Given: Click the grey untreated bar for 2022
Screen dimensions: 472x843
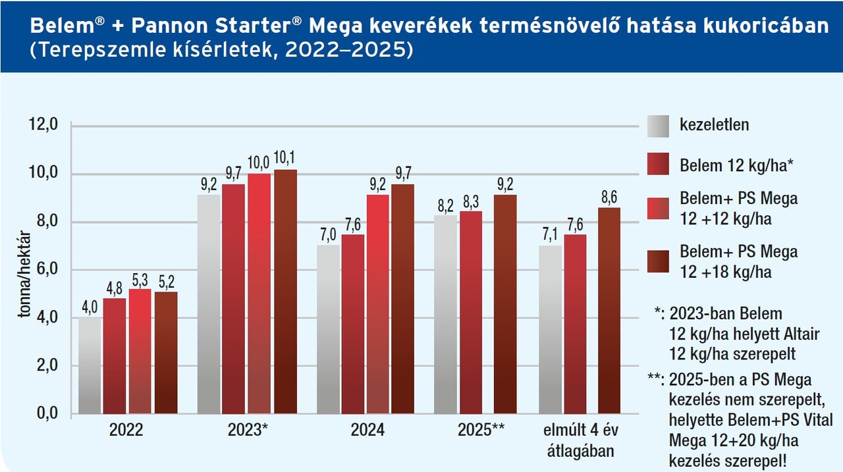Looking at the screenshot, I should [90, 365].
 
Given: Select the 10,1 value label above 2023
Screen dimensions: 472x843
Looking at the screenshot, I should [285, 158].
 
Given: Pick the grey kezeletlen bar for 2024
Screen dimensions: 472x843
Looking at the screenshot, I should [328, 329].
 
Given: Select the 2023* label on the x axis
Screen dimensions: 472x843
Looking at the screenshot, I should [248, 431].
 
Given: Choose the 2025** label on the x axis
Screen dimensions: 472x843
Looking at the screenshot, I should [481, 431].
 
